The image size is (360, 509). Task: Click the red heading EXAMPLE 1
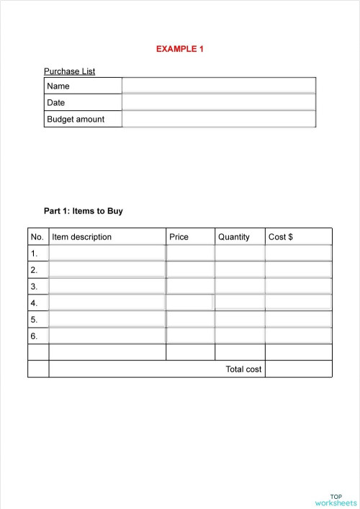pos(180,49)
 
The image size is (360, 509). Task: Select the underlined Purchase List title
pos(69,71)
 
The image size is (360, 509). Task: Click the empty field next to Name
pos(218,86)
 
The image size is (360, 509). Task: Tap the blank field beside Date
pos(218,102)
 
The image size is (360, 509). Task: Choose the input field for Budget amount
pos(218,119)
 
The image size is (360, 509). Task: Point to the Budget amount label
pos(76,119)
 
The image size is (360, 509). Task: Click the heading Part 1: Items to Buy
pos(84,211)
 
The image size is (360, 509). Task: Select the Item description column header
pos(81,237)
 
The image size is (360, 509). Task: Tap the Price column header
pos(179,237)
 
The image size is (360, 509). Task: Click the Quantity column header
pos(233,237)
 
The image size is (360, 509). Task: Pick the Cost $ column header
pos(280,237)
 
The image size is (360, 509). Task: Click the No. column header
pos(37,237)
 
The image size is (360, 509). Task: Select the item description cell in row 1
pos(107,253)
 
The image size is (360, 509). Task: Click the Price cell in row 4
pos(189,302)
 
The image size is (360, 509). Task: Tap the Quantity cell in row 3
pos(240,286)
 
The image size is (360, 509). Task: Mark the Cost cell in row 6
pos(298,335)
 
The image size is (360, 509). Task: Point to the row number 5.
pos(34,319)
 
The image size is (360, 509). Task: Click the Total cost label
pos(243,369)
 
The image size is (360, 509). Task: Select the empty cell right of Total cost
pos(298,369)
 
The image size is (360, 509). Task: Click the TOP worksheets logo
pos(336,500)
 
